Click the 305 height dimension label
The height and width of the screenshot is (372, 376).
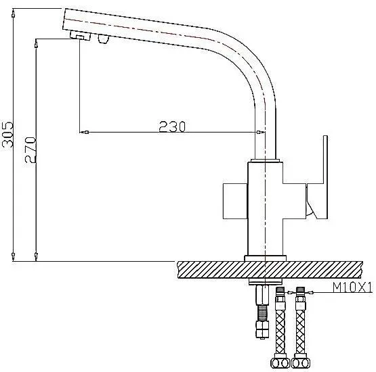pyautogui.click(x=7, y=135)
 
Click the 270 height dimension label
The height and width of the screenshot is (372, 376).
pyautogui.click(x=30, y=150)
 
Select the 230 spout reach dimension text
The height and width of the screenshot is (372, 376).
pyautogui.click(x=172, y=126)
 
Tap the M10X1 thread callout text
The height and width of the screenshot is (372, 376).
pyautogui.click(x=352, y=287)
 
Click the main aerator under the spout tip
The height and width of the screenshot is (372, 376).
pyautogui.click(x=81, y=36)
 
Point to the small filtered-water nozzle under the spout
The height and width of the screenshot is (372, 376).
pyautogui.click(x=104, y=39)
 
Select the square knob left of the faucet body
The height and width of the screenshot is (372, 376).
pyautogui.click(x=235, y=201)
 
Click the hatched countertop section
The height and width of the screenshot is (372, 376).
pyautogui.click(x=270, y=270)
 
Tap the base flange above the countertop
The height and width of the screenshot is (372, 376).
pyautogui.click(x=265, y=258)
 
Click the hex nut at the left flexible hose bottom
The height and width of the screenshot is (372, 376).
pyautogui.click(x=280, y=363)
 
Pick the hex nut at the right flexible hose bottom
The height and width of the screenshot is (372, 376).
pyautogui.click(x=301, y=363)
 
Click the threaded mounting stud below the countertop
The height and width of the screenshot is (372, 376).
pyautogui.click(x=262, y=311)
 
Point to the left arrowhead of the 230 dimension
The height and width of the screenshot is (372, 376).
pyautogui.click(x=84, y=132)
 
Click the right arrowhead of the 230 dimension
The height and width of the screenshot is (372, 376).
pyautogui.click(x=260, y=132)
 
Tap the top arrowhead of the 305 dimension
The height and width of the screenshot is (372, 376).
pyautogui.click(x=14, y=13)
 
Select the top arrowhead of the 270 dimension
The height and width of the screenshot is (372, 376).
pyautogui.click(x=36, y=43)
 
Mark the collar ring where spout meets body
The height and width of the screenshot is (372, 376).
pyautogui.click(x=266, y=160)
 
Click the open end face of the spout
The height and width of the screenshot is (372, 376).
pyautogui.click(x=64, y=19)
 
